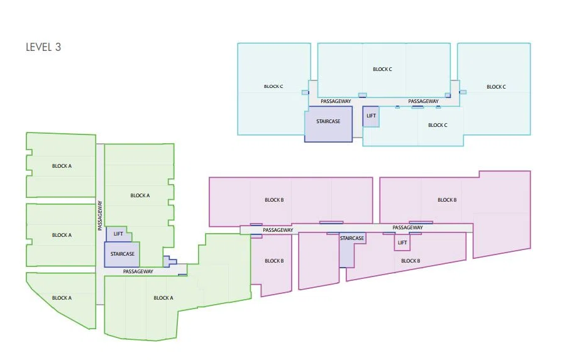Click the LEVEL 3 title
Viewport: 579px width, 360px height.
tap(43, 47)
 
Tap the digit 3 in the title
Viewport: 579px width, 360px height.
tap(58, 47)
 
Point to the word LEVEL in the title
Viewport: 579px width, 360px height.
tap(39, 47)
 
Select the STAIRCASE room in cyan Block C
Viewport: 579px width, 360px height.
tap(328, 124)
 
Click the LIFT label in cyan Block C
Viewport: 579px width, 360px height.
tap(371, 116)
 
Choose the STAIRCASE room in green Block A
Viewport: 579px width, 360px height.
tap(122, 254)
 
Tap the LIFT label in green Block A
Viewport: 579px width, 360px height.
tap(118, 234)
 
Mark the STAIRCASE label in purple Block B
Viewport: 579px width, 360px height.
tap(352, 238)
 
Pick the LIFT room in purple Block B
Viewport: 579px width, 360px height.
tap(402, 243)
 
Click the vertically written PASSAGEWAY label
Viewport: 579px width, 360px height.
tap(100, 215)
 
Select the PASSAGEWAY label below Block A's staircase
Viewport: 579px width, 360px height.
tap(138, 271)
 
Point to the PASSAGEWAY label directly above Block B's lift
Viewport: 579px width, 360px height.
tap(407, 227)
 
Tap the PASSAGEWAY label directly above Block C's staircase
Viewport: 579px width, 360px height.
tap(336, 101)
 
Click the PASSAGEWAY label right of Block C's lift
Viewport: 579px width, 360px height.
tap(423, 101)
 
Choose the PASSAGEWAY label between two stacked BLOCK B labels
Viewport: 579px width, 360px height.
tap(278, 230)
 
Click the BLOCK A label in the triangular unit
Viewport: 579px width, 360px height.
tap(62, 298)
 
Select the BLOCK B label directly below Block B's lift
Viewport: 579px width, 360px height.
tap(411, 261)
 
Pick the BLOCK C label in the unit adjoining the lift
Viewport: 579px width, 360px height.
tap(438, 125)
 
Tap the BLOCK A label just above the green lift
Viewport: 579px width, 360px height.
tap(140, 195)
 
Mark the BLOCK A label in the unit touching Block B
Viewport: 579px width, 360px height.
tap(163, 298)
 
